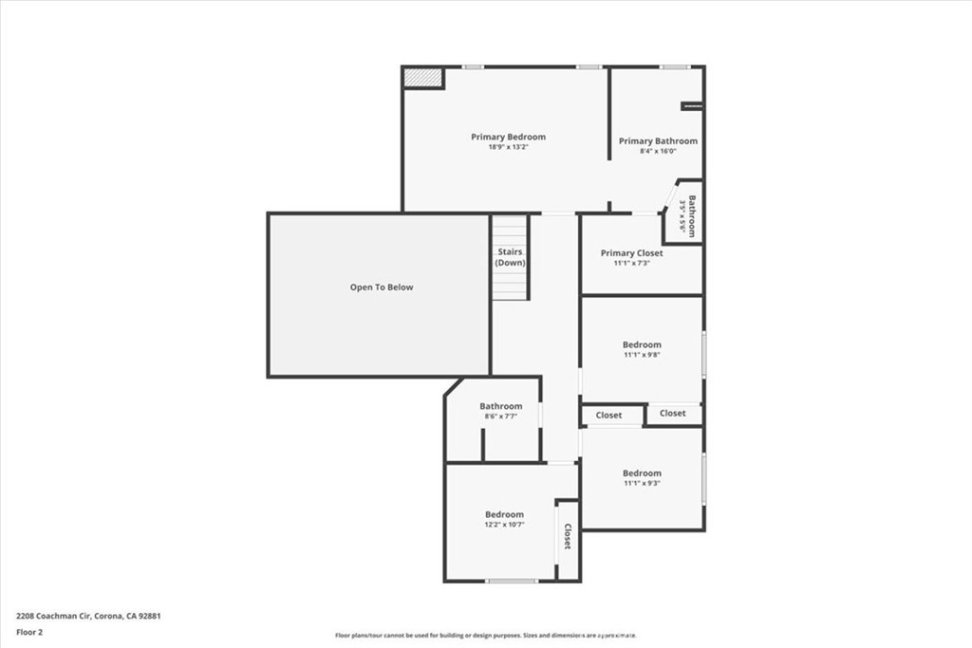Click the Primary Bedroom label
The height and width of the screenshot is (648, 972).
508,137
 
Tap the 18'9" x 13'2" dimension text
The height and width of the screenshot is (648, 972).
508,147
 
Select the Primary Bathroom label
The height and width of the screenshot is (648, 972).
658,141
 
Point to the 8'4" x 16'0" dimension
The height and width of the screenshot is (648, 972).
658,151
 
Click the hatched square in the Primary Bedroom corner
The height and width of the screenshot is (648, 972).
423,78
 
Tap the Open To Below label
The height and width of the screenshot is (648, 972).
382,287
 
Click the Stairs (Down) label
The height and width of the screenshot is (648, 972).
510,257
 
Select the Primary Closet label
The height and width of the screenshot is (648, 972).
631,253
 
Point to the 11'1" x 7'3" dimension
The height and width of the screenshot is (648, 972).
631,263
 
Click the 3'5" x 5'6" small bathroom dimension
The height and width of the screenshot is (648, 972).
682,217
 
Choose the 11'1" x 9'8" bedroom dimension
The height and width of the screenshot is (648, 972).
642,355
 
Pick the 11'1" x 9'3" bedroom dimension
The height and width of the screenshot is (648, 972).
642,483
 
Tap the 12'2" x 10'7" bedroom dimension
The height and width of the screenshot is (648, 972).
504,525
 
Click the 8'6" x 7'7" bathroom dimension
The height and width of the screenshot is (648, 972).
500,416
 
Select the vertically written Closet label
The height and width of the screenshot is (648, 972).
568,538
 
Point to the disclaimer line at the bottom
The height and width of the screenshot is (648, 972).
485,636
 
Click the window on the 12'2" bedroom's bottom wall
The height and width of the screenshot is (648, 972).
512,581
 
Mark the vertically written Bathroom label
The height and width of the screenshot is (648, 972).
693,216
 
